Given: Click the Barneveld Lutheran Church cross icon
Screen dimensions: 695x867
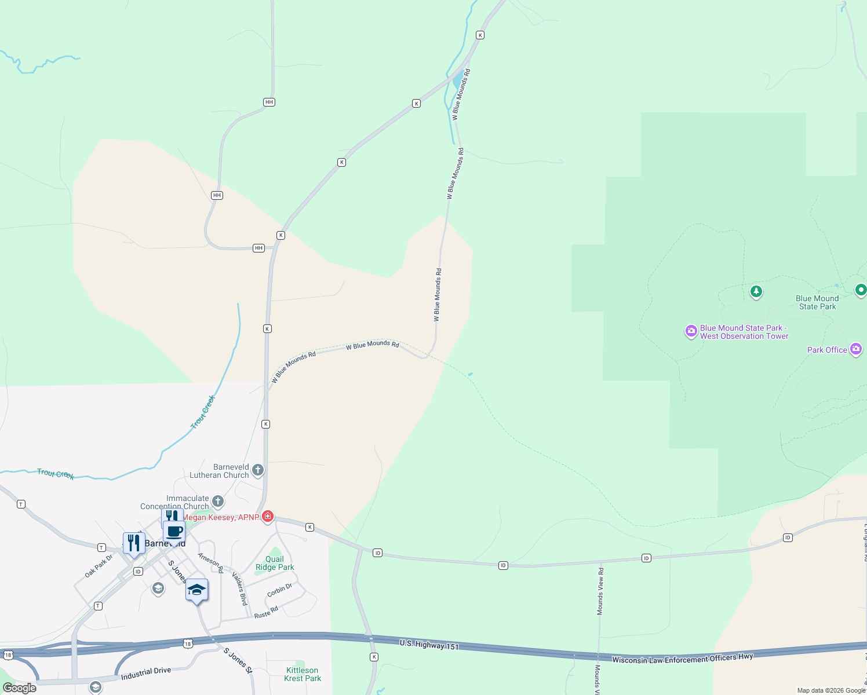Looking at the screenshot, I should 258,470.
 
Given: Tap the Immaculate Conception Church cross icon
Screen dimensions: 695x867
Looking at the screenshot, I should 218,501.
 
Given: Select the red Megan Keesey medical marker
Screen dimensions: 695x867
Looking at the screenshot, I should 267,517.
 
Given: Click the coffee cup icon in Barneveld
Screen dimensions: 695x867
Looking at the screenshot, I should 174,531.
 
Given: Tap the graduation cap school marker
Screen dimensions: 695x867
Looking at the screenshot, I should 196,590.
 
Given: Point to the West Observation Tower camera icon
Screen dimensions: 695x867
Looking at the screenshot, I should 691,331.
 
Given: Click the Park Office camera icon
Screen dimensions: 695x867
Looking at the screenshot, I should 855,349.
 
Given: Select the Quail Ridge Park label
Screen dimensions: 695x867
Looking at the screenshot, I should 275,564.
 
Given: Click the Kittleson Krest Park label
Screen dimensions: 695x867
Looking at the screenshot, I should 303,674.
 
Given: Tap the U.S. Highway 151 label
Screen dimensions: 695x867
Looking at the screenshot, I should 429,645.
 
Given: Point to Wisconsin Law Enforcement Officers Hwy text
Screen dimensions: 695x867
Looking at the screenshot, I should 682,659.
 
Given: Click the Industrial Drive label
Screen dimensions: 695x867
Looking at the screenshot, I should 146,673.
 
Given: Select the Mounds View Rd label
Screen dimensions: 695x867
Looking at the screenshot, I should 600,591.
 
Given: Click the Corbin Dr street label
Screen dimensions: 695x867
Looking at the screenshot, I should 279,591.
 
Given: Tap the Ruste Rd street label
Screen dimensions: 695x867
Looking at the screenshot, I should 266,612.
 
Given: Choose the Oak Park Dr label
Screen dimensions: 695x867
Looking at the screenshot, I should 99,566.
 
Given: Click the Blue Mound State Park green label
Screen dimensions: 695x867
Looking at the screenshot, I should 817,302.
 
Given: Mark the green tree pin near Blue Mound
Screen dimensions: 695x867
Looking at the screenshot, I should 756,291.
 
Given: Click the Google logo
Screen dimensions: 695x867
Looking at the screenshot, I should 19,688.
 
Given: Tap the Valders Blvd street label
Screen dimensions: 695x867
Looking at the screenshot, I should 239,588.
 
